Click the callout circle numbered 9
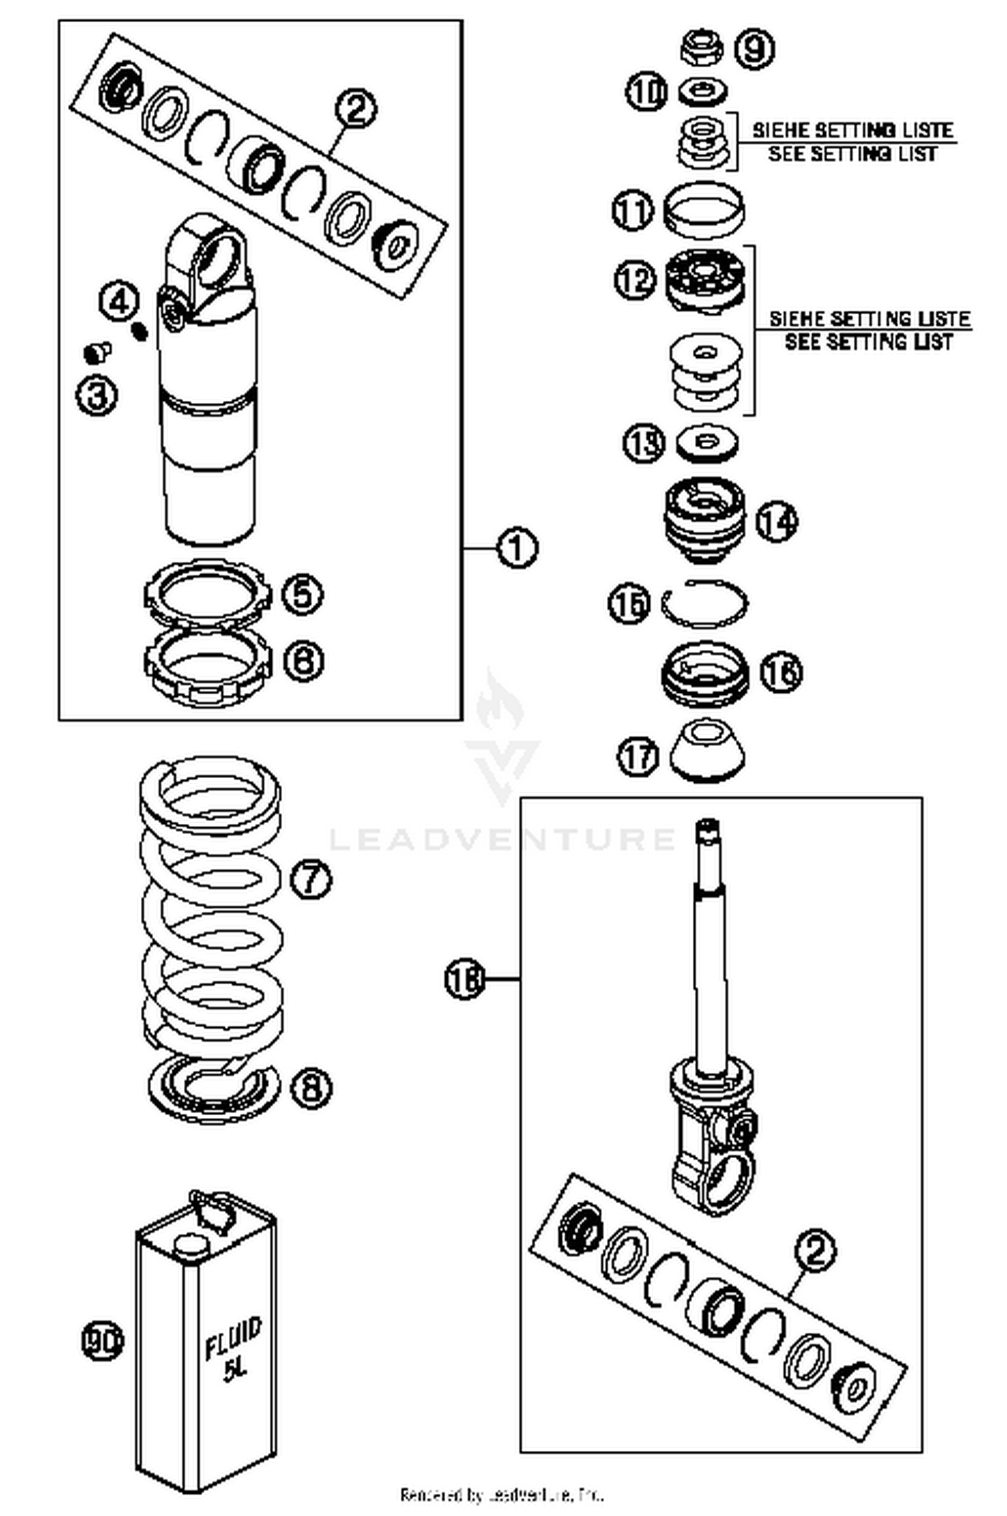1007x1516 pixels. coord(754,49)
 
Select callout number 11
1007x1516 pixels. coord(632,211)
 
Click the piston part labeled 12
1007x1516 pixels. coord(705,279)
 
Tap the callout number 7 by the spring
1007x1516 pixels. coord(311,878)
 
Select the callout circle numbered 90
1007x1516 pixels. coord(102,1341)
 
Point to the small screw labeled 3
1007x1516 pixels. coord(99,351)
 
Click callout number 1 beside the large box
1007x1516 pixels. coord(517,548)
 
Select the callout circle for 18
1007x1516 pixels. coord(465,979)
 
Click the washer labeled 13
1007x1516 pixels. coord(706,443)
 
